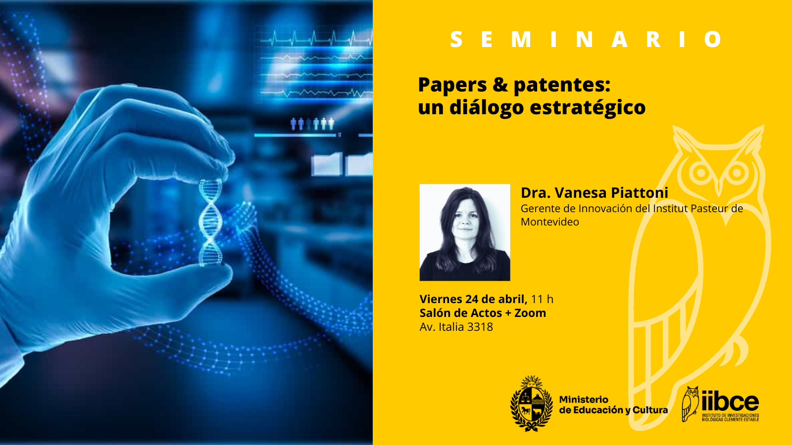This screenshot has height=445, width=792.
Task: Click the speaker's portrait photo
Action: click(465, 232)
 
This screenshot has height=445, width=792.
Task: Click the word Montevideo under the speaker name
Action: click(550, 222)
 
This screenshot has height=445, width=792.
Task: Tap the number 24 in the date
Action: click(472, 299)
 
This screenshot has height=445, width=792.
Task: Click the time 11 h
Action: click(542, 299)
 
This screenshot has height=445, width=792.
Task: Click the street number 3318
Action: click(480, 327)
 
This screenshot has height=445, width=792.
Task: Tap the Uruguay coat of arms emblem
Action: click(531, 404)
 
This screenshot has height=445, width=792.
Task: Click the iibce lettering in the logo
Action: click(731, 401)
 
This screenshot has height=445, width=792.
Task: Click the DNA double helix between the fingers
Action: click(211, 222)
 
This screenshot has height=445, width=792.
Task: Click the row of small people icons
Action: click(312, 124)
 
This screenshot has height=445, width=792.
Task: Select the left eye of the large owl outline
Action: click(701, 173)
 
